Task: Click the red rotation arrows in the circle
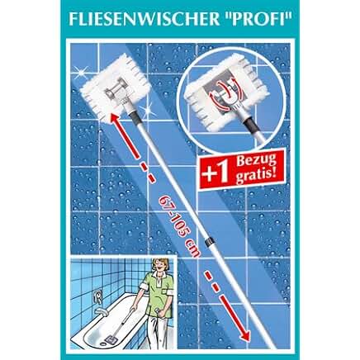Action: [x=225, y=94]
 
